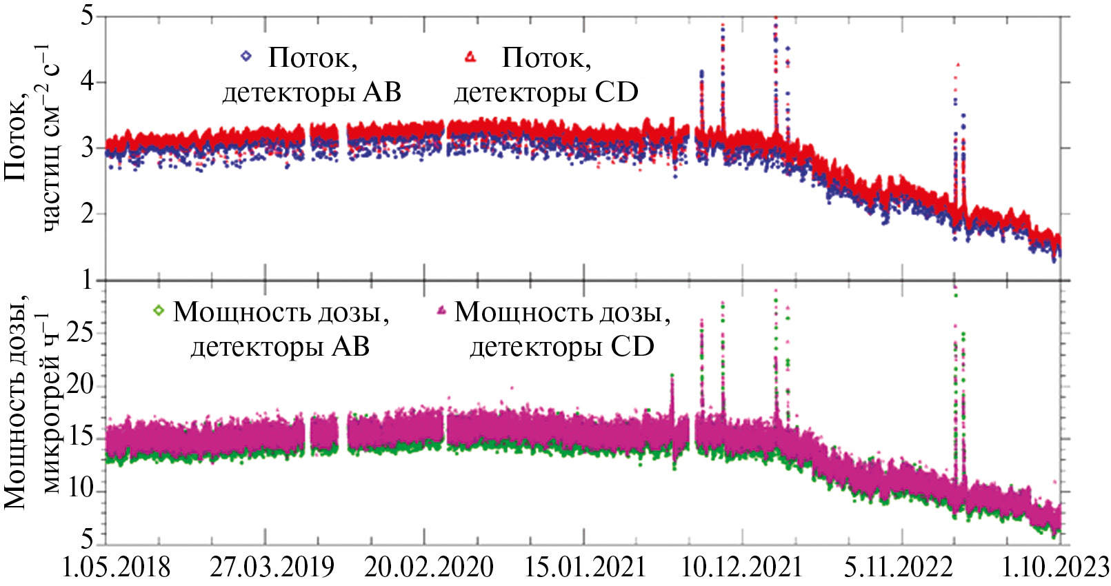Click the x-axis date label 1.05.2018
(x=116, y=567)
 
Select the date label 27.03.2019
(x=272, y=567)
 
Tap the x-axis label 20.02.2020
(x=428, y=567)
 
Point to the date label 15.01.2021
(x=585, y=567)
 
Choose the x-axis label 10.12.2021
(x=741, y=567)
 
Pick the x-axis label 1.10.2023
(x=1055, y=567)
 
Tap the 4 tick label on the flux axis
(x=87, y=82)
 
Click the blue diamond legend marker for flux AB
(x=246, y=56)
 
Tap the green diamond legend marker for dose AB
(x=159, y=311)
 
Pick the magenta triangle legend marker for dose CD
(x=442, y=311)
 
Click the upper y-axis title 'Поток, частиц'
(x=31, y=138)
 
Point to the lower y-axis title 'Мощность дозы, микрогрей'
(x=31, y=407)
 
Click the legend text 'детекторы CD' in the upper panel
(x=546, y=92)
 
